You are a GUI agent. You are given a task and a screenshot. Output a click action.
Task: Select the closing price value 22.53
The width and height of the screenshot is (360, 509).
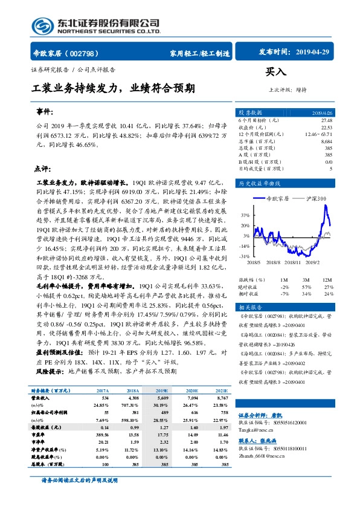click(326, 127)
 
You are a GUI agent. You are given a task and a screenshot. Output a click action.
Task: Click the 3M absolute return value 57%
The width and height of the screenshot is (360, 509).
click(306, 287)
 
